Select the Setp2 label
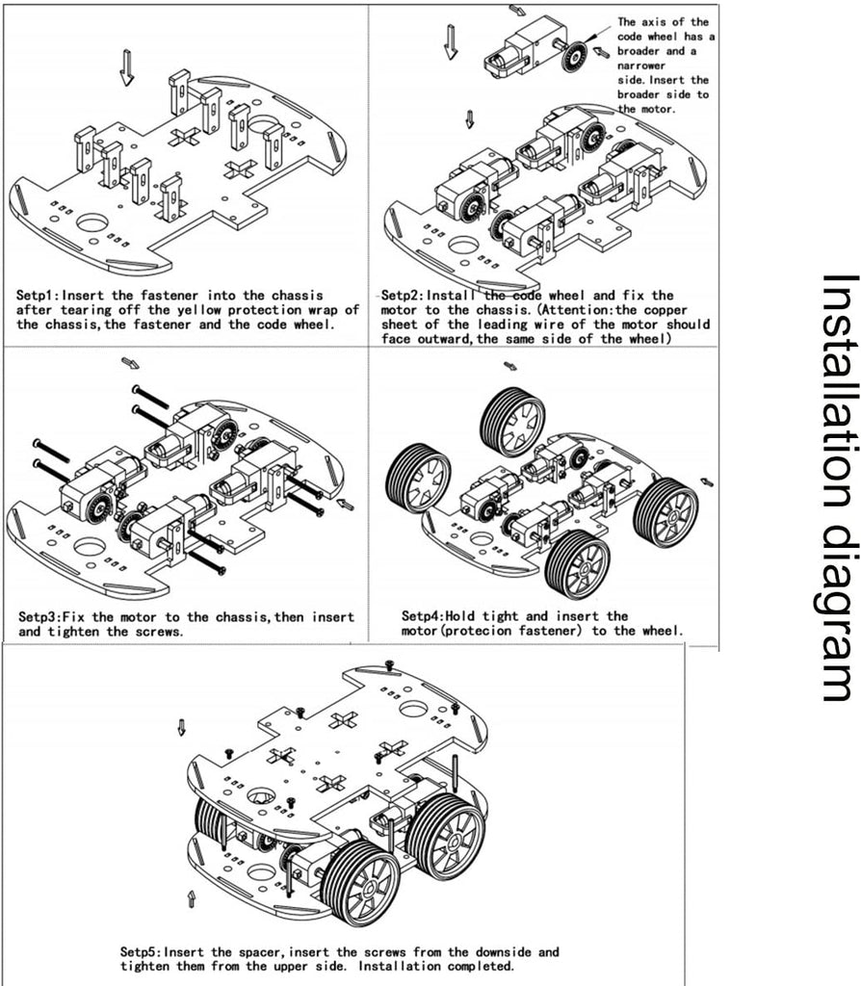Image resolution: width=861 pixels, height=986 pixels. tap(401, 295)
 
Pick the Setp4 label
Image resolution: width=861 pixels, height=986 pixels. tap(421, 616)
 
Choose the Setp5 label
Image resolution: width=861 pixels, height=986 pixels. tap(141, 951)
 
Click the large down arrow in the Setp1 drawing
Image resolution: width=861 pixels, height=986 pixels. tap(126, 67)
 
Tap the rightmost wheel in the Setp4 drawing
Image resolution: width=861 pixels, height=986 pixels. tap(665, 511)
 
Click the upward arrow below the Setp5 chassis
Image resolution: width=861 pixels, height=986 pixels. tap(192, 899)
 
